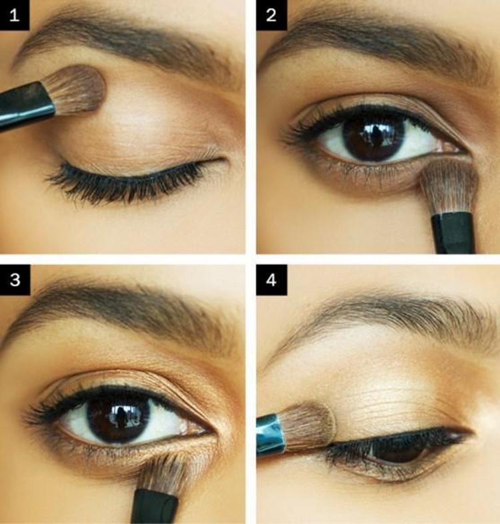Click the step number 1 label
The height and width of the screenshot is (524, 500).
coord(15,15)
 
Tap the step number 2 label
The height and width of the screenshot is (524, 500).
coord(271,15)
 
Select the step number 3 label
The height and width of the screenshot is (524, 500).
coord(15,280)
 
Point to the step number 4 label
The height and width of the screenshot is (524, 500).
coord(271,280)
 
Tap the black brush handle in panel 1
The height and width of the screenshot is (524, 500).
coord(25,105)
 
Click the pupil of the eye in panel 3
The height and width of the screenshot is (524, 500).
coord(119,419)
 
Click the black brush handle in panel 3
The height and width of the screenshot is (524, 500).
coord(155,507)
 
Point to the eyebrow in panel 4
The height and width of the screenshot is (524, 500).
coord(385,319)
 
